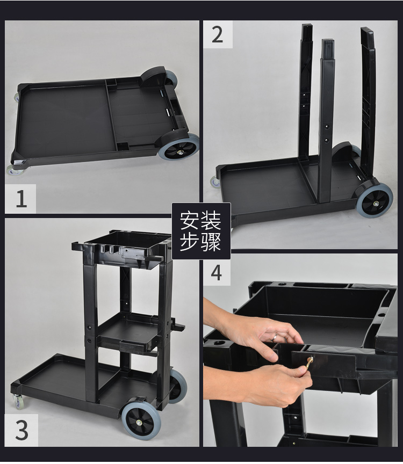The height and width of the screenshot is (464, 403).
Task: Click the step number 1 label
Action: tap(21, 199)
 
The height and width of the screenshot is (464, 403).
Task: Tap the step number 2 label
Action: tap(217, 34)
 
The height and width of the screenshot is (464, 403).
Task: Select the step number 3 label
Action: tap(21, 430)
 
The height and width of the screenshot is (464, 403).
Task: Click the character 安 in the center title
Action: tap(190, 221)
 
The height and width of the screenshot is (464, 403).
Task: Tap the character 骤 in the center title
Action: tap(211, 242)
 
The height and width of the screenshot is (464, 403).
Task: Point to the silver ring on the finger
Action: tap(275, 337)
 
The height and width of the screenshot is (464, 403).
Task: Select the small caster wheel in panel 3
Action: tap(19, 402)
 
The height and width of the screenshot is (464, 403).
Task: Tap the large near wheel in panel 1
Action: tap(178, 147)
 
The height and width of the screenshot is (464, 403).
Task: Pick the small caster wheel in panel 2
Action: tap(215, 182)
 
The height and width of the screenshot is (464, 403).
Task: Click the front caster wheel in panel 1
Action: tap(14, 170)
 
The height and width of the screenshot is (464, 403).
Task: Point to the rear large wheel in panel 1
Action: tap(170, 78)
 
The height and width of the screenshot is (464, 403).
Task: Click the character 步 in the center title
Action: tap(190, 242)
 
